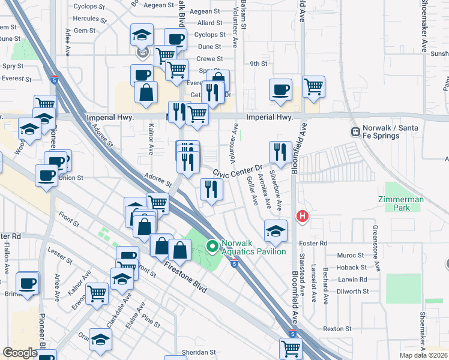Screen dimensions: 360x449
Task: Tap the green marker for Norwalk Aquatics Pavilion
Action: pyautogui.click(x=211, y=246)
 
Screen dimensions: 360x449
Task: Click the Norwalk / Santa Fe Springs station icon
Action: pyautogui.click(x=355, y=131)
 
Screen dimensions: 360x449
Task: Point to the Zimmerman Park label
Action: pyautogui.click(x=402, y=203)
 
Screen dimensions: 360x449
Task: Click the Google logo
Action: pyautogui.click(x=20, y=353)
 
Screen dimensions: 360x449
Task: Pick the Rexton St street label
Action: pyautogui.click(x=337, y=329)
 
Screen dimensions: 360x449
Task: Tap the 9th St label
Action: pyautogui.click(x=259, y=64)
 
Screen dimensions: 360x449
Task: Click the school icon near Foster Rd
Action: pyautogui.click(x=275, y=230)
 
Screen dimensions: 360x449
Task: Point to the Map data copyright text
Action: pyautogui.click(x=423, y=355)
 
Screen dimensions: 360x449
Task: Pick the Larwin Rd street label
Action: pyautogui.click(x=352, y=280)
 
